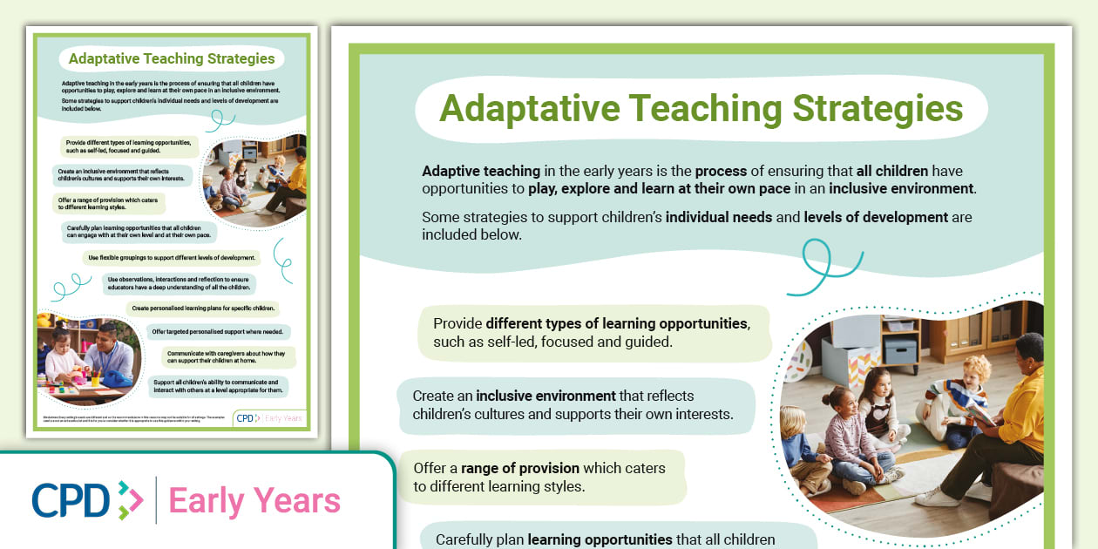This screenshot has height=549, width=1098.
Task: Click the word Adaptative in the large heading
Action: pos(529,109)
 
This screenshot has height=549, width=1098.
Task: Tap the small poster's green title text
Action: pos(172,59)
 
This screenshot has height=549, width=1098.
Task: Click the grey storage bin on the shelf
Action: pos(900,351)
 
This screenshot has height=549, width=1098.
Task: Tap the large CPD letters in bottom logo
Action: pos(71,501)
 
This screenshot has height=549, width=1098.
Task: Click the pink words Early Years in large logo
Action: pos(254,501)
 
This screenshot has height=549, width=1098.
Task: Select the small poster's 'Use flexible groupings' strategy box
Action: pos(172,258)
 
